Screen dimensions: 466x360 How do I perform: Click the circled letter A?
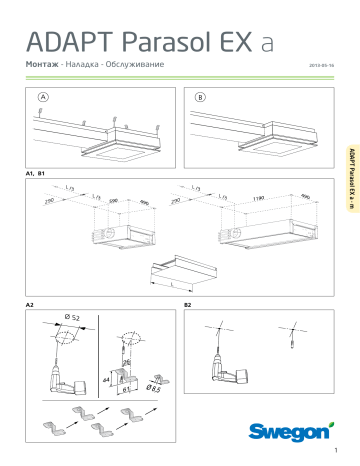tap(42, 97)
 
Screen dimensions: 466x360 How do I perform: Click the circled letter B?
tap(200, 97)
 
